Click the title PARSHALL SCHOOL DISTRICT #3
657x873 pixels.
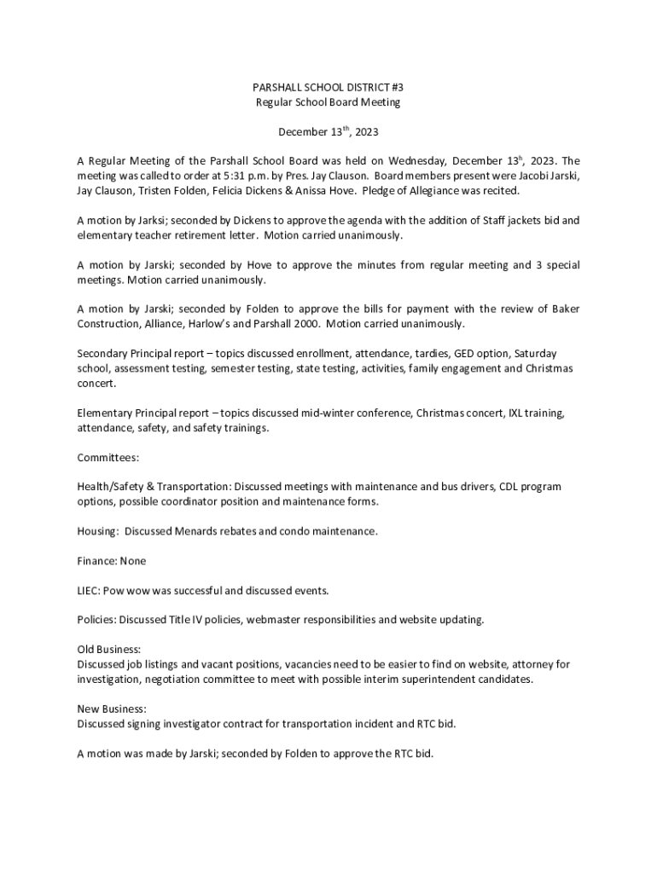(328, 88)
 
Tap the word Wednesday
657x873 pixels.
(416, 160)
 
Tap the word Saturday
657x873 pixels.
(535, 353)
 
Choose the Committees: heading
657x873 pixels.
(108, 458)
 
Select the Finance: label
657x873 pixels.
(97, 561)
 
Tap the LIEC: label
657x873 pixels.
(90, 590)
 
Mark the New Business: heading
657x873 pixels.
(112, 708)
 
